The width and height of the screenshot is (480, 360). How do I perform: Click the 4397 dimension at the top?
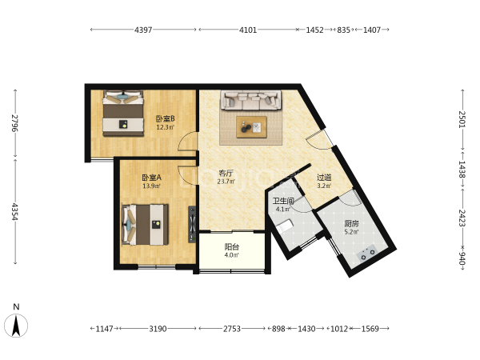143,30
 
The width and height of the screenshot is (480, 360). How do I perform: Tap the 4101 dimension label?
248,30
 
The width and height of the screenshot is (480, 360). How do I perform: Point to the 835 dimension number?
343,30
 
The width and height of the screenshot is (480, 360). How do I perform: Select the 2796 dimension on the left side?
14,123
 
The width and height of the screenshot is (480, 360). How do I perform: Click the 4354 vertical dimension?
14,211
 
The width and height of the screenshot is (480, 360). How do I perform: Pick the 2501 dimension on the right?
462,119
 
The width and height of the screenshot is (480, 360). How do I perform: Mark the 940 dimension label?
462,258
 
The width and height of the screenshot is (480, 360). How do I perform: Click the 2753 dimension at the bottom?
232,329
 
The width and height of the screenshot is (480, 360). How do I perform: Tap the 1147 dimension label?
104,329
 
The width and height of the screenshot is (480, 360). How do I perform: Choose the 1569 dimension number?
370,329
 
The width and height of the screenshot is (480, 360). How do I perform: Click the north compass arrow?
16,326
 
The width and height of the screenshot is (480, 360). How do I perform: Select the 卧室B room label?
166,118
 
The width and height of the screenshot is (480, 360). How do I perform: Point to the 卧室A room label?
151,178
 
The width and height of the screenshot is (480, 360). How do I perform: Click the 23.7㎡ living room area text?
226,182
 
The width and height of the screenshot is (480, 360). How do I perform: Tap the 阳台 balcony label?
232,246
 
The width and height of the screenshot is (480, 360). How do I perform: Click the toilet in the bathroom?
285,226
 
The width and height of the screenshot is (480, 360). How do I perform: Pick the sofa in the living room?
251,100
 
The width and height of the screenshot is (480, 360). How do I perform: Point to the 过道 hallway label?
324,178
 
